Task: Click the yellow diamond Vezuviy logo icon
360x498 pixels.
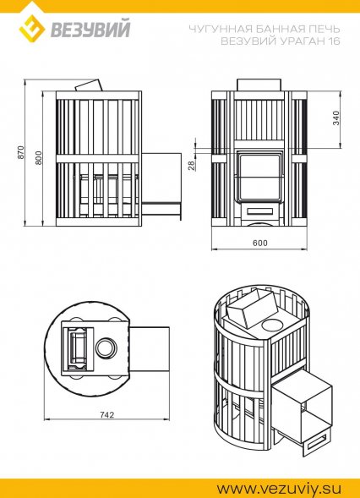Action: pyautogui.click(x=32, y=29)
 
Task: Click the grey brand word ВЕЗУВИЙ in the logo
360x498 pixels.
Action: pyautogui.click(x=90, y=28)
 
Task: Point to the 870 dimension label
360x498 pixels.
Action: pyautogui.click(x=20, y=152)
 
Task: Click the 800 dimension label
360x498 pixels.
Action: pyautogui.click(x=38, y=157)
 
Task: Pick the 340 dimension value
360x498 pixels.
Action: pyautogui.click(x=336, y=118)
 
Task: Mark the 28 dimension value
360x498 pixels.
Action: pyautogui.click(x=192, y=166)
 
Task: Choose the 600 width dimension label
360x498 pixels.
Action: pyautogui.click(x=260, y=243)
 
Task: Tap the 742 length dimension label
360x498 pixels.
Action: pyautogui.click(x=106, y=415)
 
